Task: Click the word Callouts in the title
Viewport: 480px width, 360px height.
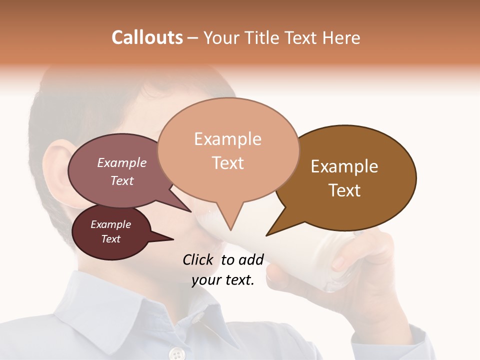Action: tap(147, 37)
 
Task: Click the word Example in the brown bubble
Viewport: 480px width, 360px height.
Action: tap(344, 166)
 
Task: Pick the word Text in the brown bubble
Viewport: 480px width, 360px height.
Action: tap(344, 190)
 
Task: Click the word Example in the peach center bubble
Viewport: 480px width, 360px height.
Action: tap(227, 139)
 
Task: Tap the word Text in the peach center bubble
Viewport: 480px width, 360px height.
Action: tap(228, 163)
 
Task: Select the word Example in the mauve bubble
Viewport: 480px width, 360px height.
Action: tap(122, 163)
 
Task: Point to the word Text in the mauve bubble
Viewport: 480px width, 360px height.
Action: tap(122, 180)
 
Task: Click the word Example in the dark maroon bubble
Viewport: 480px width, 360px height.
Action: tap(110, 224)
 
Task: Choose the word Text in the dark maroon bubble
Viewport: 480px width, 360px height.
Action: tap(110, 239)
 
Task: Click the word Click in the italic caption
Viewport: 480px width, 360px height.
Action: tap(198, 260)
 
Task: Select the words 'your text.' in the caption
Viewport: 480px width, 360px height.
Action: tap(223, 280)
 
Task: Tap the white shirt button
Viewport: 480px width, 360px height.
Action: tap(176, 354)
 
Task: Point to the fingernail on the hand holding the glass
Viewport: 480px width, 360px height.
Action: tap(339, 261)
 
